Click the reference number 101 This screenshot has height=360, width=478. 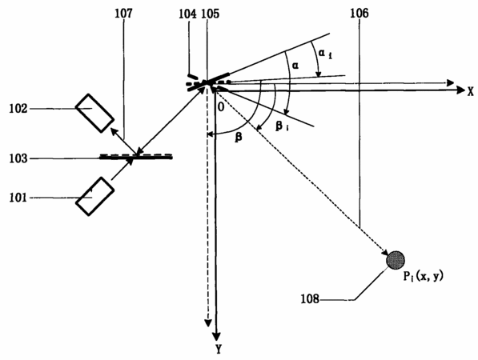pos(18,198)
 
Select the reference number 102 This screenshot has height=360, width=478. pos(18,109)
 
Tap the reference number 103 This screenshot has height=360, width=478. pos(18,158)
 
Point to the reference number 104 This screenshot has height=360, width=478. pos(187,14)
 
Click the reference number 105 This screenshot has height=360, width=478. pos(211,14)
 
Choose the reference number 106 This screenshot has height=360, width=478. pos(360,13)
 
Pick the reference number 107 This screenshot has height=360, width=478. pos(124,13)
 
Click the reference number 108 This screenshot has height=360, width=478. pos(310,299)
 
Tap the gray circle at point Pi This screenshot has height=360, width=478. pos(396,261)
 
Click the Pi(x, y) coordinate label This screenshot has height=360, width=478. pos(423,276)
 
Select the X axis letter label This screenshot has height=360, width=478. pos(471,92)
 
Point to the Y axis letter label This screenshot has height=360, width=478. pos(219,349)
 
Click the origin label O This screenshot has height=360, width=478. pos(221,108)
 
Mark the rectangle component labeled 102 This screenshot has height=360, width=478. pos(94,113)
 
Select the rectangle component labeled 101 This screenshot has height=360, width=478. pos(94,197)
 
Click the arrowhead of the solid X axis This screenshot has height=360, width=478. pos(461,90)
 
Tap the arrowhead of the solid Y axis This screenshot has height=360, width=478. pos(216,336)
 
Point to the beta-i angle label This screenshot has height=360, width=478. pos(283,126)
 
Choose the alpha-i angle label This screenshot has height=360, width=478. pos(325,54)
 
